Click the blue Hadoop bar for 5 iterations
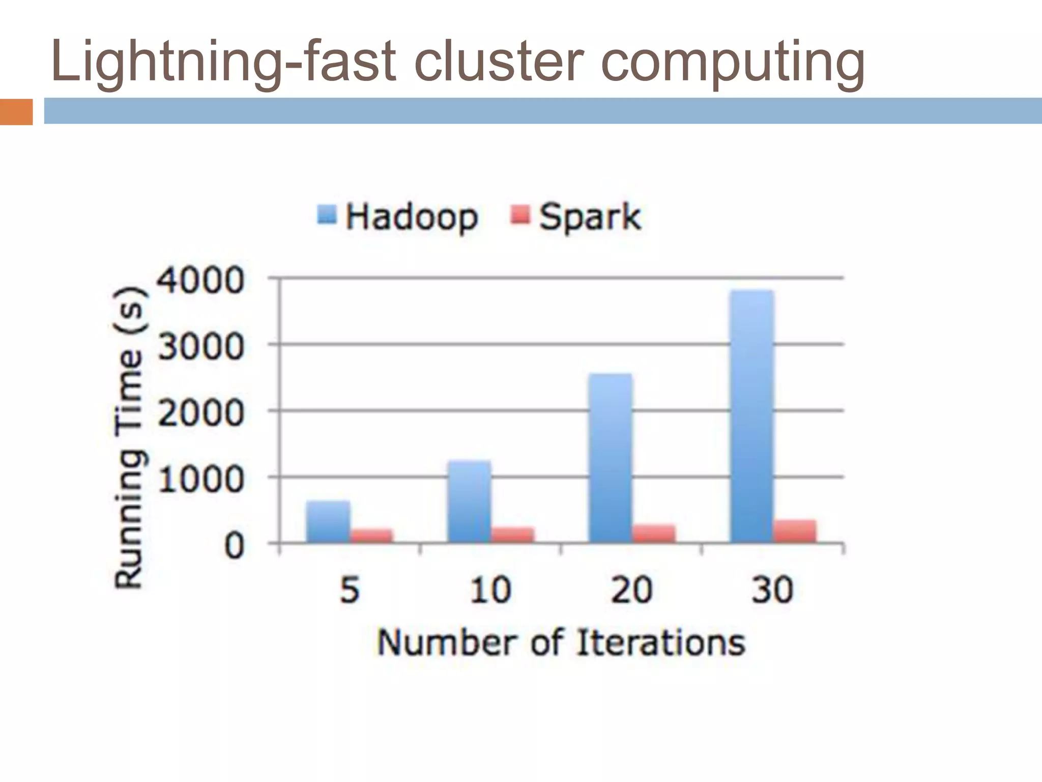tap(328, 522)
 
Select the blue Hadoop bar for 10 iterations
tap(469, 501)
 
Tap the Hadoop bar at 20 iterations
tap(611, 458)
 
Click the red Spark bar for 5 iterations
tap(372, 536)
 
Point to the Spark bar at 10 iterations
tap(513, 535)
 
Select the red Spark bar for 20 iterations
tap(654, 534)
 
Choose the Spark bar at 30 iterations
tap(795, 532)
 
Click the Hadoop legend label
tap(412, 217)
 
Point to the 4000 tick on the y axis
tap(201, 281)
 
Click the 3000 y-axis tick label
tap(201, 347)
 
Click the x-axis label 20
tap(631, 590)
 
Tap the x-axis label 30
tap(772, 590)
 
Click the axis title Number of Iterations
tap(561, 643)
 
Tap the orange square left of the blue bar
tap(16, 112)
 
